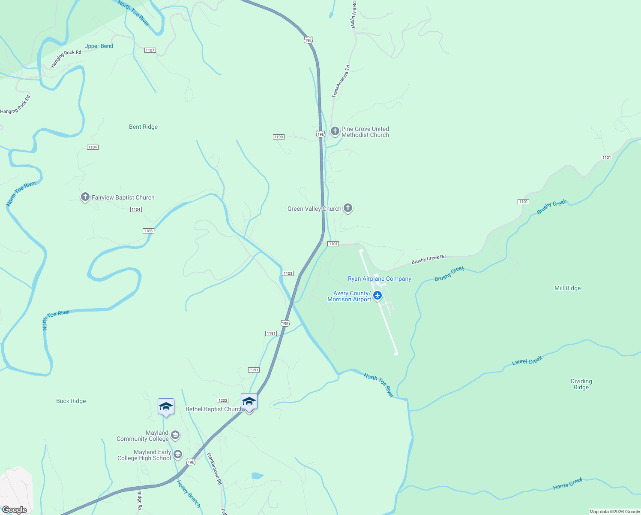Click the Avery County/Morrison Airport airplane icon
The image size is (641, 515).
(x=377, y=295)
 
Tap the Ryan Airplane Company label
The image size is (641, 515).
(x=379, y=279)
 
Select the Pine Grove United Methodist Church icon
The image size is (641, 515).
(x=335, y=131)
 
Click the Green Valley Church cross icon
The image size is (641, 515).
(x=348, y=208)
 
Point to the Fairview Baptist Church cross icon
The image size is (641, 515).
(x=85, y=197)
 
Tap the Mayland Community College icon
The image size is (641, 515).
(x=175, y=436)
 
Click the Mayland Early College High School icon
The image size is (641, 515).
(x=177, y=454)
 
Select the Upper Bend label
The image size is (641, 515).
(x=99, y=46)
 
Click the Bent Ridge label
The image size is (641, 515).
(x=143, y=127)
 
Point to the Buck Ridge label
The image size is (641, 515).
(x=71, y=401)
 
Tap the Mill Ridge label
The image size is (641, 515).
(x=567, y=288)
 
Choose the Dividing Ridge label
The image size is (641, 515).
(x=581, y=384)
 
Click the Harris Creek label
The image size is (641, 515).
(x=568, y=484)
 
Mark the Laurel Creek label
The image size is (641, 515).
(x=527, y=360)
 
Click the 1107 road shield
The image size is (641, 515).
(x=150, y=50)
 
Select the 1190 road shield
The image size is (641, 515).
(x=279, y=137)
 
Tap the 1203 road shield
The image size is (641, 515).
(x=222, y=400)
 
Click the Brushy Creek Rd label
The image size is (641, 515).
(x=428, y=259)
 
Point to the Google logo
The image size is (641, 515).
(x=15, y=510)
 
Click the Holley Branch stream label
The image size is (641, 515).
(x=189, y=494)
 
